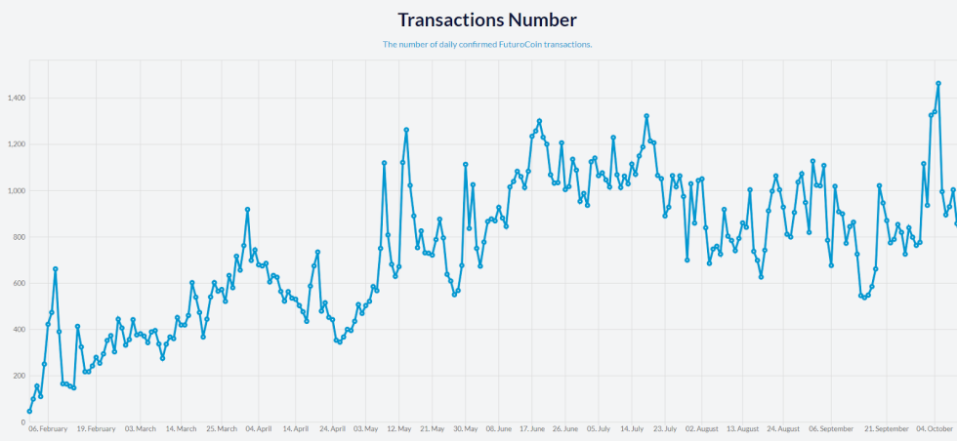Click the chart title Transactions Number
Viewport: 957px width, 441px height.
(x=486, y=20)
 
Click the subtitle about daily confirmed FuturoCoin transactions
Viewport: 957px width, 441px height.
(x=486, y=44)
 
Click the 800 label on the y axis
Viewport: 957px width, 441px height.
(x=18, y=237)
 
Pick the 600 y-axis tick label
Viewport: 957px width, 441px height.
(x=18, y=284)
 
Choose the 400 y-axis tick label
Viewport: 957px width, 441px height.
(x=18, y=330)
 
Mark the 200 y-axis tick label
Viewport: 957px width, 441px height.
(x=18, y=377)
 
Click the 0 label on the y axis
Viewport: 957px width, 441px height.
(x=21, y=422)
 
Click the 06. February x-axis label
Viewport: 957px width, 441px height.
(x=48, y=428)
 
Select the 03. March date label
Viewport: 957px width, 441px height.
(x=139, y=428)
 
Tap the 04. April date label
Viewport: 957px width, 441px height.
(x=258, y=428)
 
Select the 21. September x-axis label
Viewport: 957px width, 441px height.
(x=887, y=428)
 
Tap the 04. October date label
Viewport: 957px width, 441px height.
(x=935, y=428)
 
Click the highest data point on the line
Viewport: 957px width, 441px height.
(x=938, y=84)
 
